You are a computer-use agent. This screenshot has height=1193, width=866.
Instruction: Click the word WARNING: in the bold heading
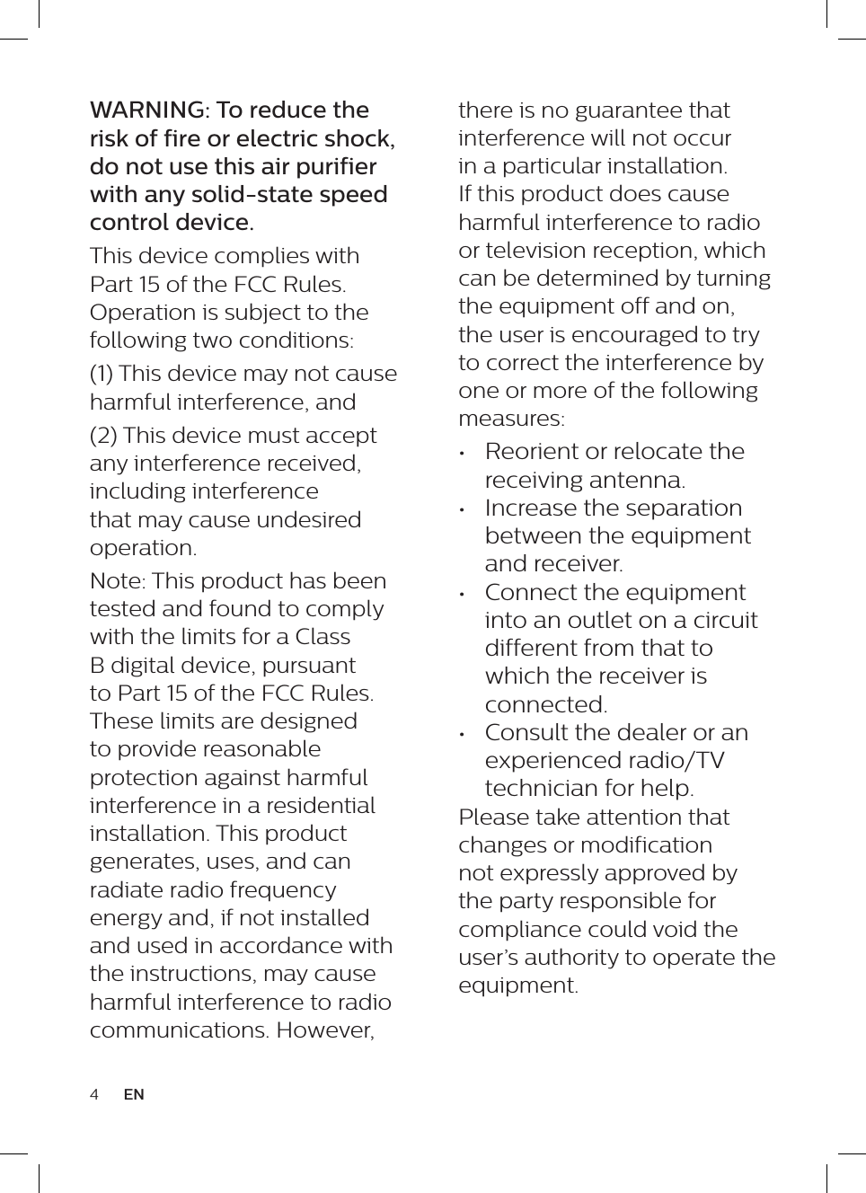click(149, 110)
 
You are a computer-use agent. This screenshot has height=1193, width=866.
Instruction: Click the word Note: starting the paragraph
click(118, 581)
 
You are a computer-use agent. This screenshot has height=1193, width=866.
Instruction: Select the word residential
click(320, 806)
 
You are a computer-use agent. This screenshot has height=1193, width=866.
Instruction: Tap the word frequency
click(284, 890)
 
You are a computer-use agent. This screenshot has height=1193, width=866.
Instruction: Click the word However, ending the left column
click(325, 1030)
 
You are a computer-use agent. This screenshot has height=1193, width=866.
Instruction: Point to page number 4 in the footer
click(94, 1094)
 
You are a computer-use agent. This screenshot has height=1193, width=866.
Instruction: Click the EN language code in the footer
click(134, 1094)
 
